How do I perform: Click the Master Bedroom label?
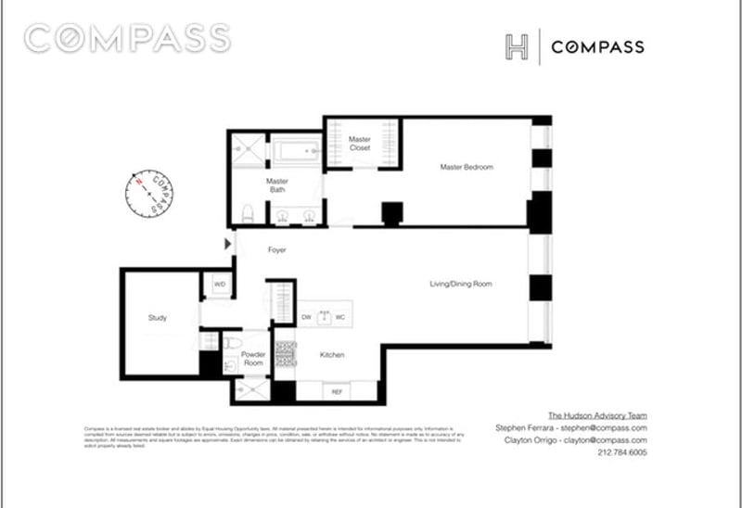coord(466,167)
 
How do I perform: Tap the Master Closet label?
coord(360,143)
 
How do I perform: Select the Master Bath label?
coord(276,185)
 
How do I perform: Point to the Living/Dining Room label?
coord(459,284)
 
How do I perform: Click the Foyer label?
coord(276,250)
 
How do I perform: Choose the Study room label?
coord(157,318)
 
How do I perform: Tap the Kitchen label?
coord(333,355)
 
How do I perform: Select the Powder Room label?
coord(253,360)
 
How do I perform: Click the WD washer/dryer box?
coord(220,285)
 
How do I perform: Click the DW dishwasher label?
coord(306,317)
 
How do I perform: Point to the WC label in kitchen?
coord(340,317)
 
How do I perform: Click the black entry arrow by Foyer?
coord(228,244)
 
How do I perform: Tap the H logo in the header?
coord(517,48)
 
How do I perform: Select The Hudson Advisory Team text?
coord(595,415)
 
